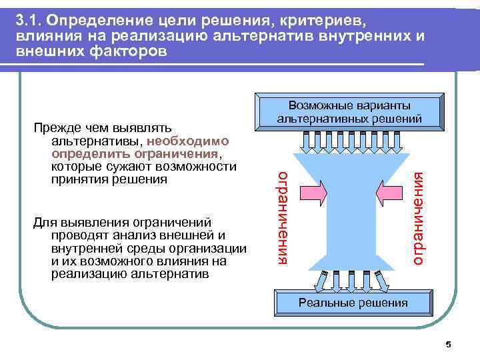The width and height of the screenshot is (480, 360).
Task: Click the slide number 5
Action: (x=448, y=345)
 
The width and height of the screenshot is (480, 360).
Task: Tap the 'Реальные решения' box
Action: (x=353, y=303)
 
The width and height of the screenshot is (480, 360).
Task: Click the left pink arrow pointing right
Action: (x=313, y=193)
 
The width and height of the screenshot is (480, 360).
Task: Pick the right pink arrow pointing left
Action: (x=389, y=193)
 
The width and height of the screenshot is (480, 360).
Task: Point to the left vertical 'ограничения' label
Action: (x=284, y=217)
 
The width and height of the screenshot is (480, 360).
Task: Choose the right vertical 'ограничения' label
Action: (x=418, y=217)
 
